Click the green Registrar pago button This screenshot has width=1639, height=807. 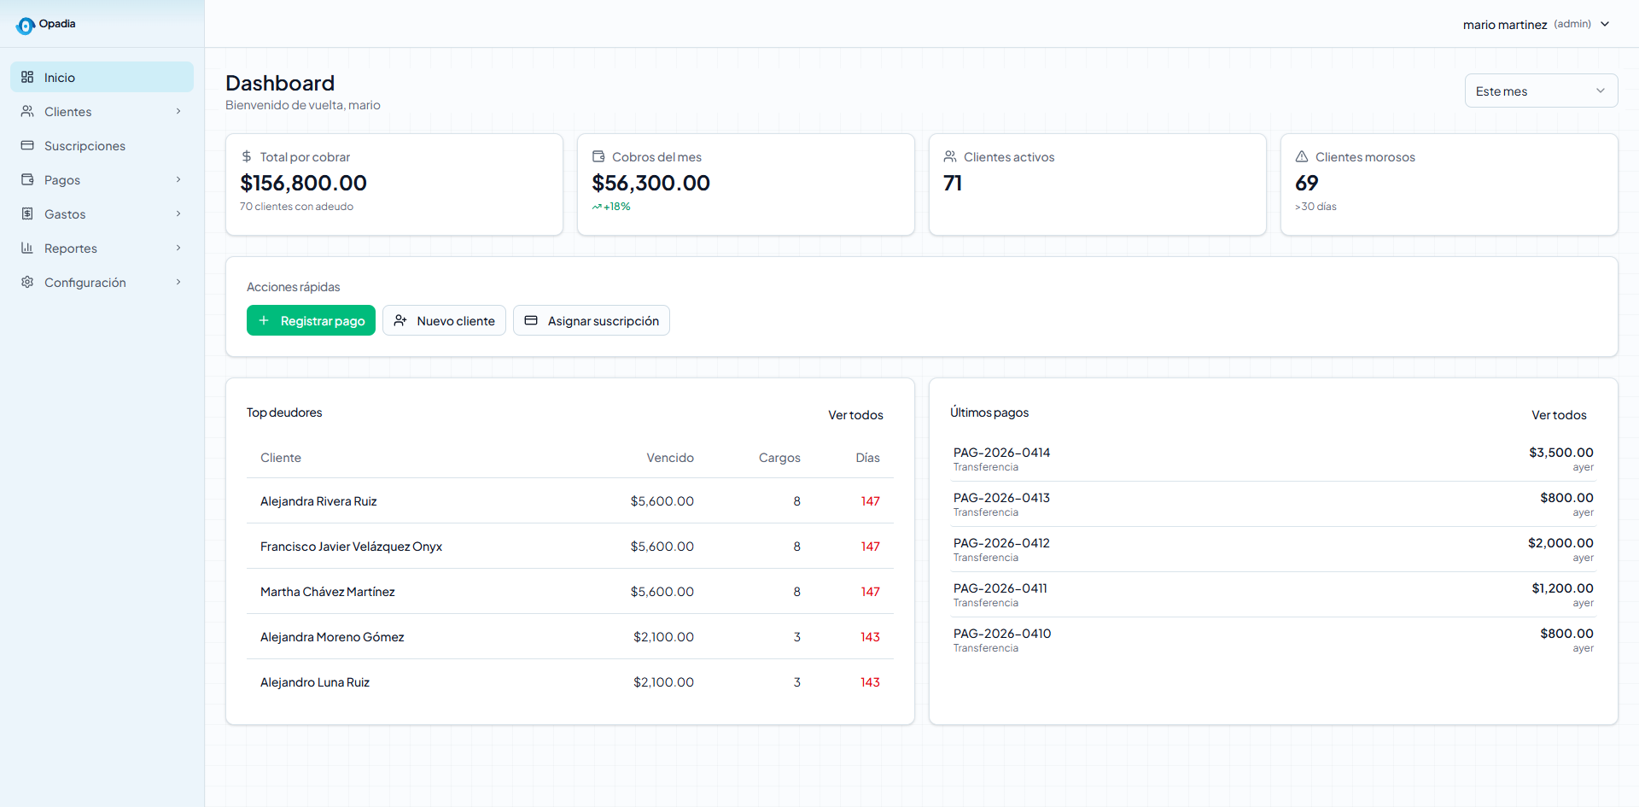[311, 320]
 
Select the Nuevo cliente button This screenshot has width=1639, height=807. [444, 320]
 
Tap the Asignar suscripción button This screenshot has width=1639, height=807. [592, 320]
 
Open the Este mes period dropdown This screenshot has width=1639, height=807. [1541, 91]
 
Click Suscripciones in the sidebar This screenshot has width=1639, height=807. [85, 146]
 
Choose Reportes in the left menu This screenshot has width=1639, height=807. [71, 249]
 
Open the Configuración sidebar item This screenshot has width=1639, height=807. [85, 283]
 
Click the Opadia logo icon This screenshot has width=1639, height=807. [26, 26]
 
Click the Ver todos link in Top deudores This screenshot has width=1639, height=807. [855, 415]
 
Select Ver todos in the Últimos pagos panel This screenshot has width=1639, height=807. [1559, 415]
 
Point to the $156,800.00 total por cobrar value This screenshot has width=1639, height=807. [304, 183]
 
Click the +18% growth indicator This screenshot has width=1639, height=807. [611, 207]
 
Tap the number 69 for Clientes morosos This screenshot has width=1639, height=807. [1306, 183]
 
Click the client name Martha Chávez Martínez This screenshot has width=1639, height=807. [328, 592]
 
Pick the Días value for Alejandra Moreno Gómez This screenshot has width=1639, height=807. [870, 637]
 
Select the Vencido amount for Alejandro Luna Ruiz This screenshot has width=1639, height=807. [663, 682]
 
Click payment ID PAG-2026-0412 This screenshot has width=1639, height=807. [1001, 543]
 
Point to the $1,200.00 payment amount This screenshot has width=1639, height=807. [1562, 588]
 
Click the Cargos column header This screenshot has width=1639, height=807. [779, 458]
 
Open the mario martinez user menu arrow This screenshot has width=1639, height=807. [1605, 24]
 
